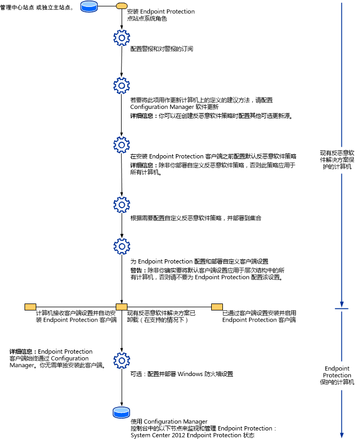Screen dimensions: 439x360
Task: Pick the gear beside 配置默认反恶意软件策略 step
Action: [x=122, y=145]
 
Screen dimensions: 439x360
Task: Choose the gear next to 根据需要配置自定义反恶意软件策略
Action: [x=122, y=205]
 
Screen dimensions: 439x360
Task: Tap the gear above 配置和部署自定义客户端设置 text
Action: [x=122, y=246]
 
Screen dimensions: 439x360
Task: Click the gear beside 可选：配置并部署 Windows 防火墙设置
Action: [x=122, y=359]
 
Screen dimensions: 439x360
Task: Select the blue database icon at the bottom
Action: [x=121, y=413]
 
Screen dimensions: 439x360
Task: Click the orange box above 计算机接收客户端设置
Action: [x=30, y=307]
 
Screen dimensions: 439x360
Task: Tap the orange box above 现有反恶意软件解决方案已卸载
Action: [x=121, y=307]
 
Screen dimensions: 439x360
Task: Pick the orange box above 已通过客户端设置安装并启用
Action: [x=217, y=307]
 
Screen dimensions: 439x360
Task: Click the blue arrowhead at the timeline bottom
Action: [x=341, y=433]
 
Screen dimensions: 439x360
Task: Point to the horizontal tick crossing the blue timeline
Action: [x=341, y=308]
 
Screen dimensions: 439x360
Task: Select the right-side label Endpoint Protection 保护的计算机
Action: [x=337, y=375]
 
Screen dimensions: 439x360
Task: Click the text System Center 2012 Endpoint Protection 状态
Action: [x=193, y=435]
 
